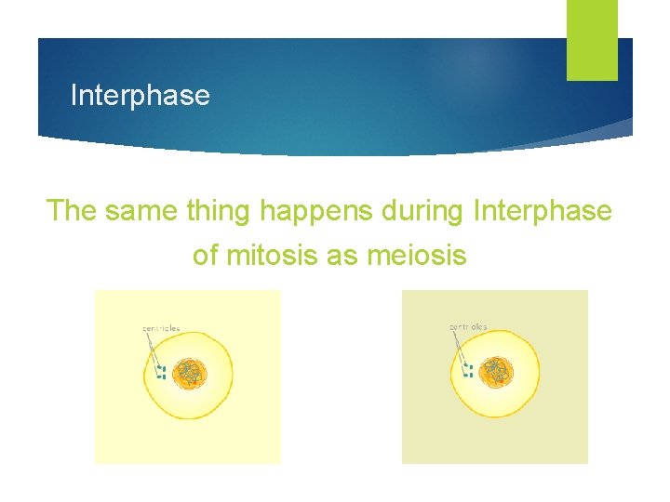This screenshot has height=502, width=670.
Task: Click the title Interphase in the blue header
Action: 140,96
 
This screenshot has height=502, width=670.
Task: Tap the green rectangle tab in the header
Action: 592,40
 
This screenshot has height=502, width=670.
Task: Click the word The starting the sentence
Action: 72,211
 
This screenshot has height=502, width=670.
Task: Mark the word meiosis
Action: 416,254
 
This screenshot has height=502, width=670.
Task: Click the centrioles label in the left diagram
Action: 161,328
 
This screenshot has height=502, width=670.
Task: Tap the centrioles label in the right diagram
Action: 468,327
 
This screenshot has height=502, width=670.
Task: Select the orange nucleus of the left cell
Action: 191,374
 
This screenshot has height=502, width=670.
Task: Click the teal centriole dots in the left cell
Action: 161,373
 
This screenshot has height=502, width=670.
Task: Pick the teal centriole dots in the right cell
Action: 468,371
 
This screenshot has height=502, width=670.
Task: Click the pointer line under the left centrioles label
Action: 153,349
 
